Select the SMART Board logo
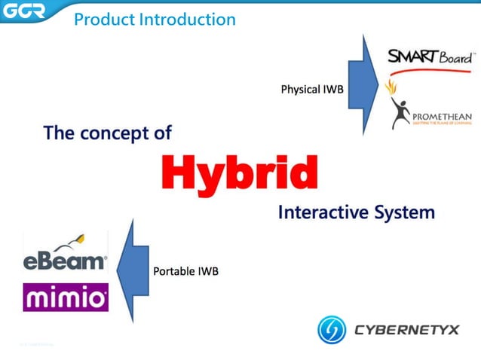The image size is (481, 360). click(430, 57)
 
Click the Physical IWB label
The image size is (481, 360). click(312, 90)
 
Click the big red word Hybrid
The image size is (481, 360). click(240, 173)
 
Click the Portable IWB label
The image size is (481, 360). click(185, 271)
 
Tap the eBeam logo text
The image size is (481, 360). click(65, 262)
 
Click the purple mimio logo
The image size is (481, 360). click(66, 297)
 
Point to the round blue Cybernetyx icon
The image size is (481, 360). click(332, 330)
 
